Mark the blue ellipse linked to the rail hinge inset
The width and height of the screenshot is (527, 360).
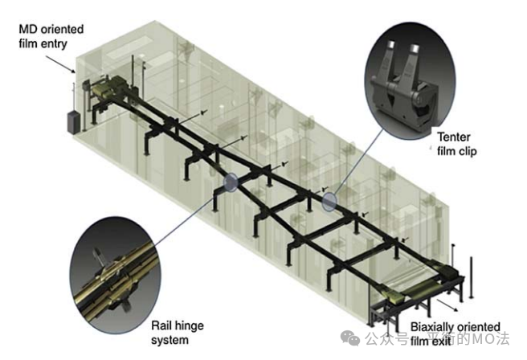(x=231, y=182)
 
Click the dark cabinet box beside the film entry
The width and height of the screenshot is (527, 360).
(x=73, y=121)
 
